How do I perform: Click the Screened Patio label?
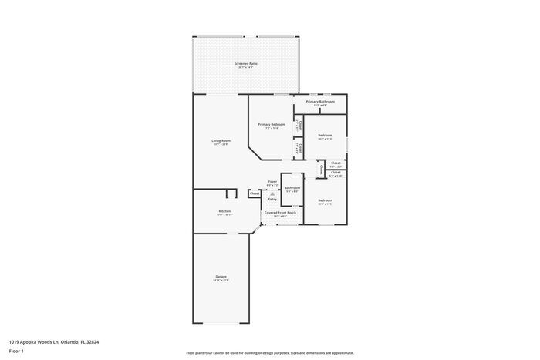(x=246, y=63)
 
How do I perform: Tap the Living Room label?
(x=221, y=140)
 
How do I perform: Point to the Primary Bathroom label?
(x=320, y=102)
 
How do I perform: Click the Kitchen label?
(x=224, y=210)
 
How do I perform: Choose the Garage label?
(x=221, y=276)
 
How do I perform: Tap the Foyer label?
(x=272, y=182)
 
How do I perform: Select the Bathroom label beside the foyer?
(x=292, y=187)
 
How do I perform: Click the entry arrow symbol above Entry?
(x=272, y=193)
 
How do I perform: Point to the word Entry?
(x=272, y=199)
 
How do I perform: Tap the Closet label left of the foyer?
(x=254, y=193)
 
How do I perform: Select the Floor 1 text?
(x=16, y=352)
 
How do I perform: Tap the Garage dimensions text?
(x=221, y=281)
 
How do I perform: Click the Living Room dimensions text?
(x=221, y=145)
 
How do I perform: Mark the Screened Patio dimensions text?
(x=246, y=68)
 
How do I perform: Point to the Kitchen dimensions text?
(x=224, y=215)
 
